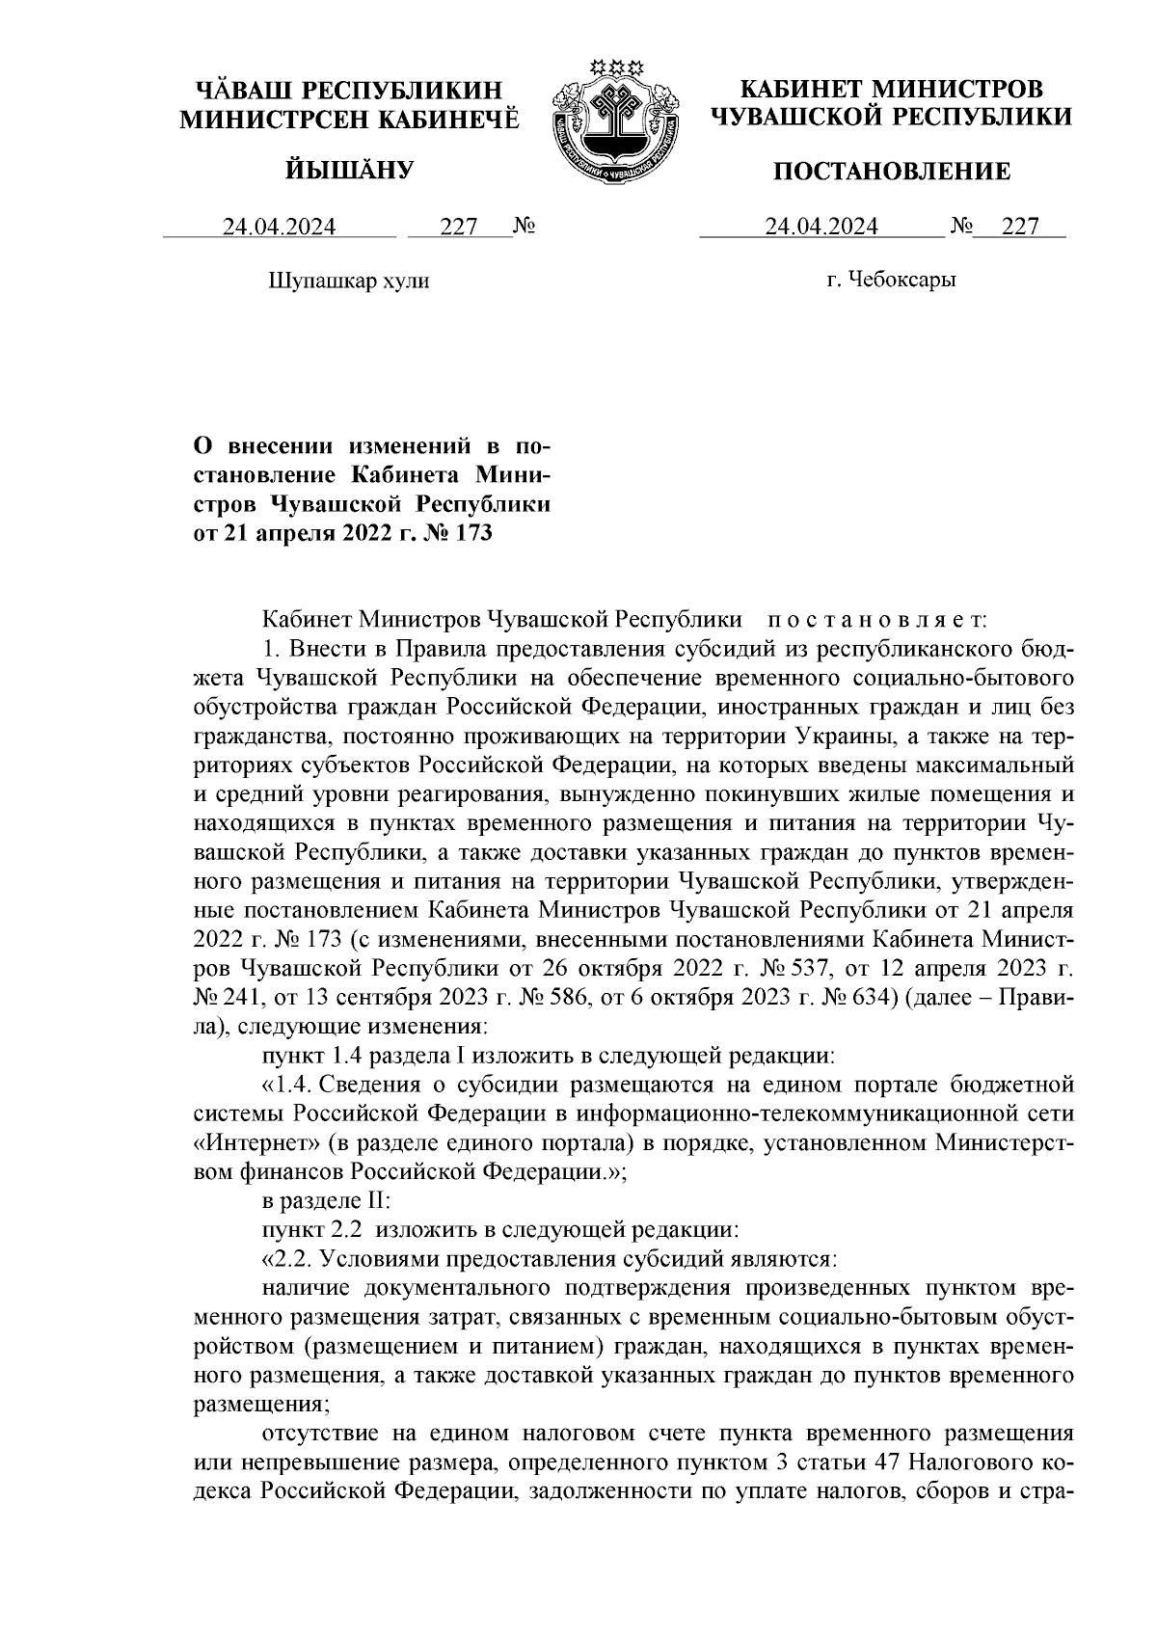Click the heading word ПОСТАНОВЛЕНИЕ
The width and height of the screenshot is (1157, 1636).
coord(893,173)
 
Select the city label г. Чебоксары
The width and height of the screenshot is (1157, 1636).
coord(891,281)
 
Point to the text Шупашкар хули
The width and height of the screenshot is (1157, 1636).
coord(347,282)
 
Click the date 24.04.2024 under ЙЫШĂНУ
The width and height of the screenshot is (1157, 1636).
coord(280,227)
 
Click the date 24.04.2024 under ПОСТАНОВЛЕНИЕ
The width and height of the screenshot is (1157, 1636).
coord(821,227)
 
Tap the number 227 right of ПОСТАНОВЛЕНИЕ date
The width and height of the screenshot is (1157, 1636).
coord(1020,227)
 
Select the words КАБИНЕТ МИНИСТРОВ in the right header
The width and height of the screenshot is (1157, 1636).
coord(891,91)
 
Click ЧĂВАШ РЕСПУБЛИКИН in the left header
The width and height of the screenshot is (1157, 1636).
coord(349,91)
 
